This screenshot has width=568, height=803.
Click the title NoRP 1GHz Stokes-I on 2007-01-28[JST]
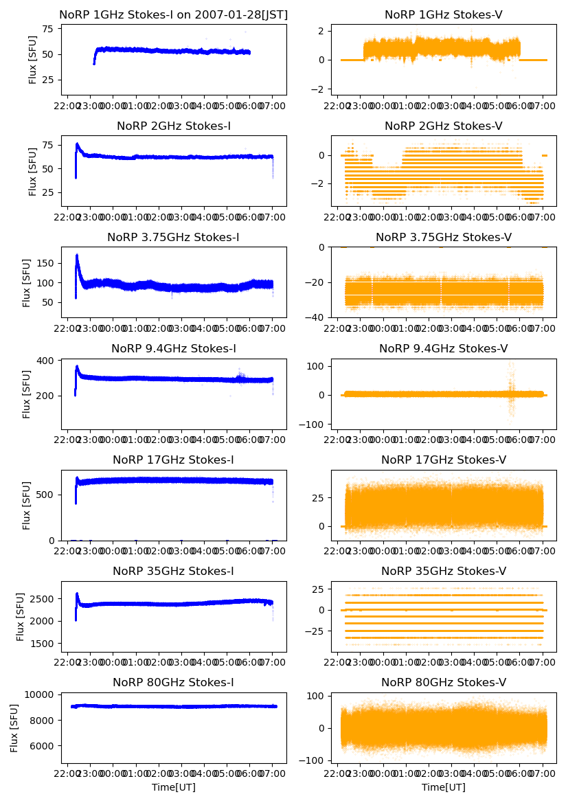coord(174,14)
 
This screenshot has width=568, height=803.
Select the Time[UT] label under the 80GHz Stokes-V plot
coord(444,787)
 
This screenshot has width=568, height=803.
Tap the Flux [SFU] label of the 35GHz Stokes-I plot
coord(21,617)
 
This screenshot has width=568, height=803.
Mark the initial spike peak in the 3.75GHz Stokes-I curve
coord(77,256)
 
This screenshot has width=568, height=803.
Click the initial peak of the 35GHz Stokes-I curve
coord(77,593)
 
